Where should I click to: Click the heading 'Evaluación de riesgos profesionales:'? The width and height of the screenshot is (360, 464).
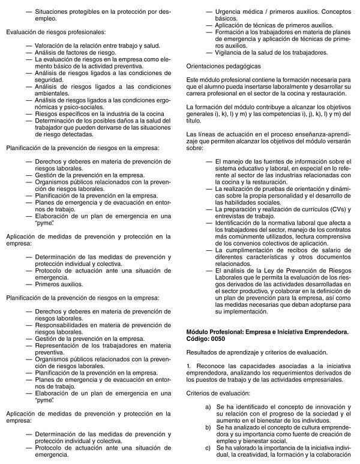point(56,31)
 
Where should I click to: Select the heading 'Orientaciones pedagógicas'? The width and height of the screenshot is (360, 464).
point(223,64)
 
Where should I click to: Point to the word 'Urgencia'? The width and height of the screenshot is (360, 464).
point(230,11)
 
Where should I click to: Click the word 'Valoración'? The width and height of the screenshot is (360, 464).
point(51,46)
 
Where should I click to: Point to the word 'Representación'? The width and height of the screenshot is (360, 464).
point(59,346)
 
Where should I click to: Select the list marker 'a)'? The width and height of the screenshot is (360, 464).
point(208,406)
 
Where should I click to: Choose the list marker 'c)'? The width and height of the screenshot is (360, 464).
point(208,448)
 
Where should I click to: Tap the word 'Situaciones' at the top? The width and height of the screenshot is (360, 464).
point(52,11)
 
